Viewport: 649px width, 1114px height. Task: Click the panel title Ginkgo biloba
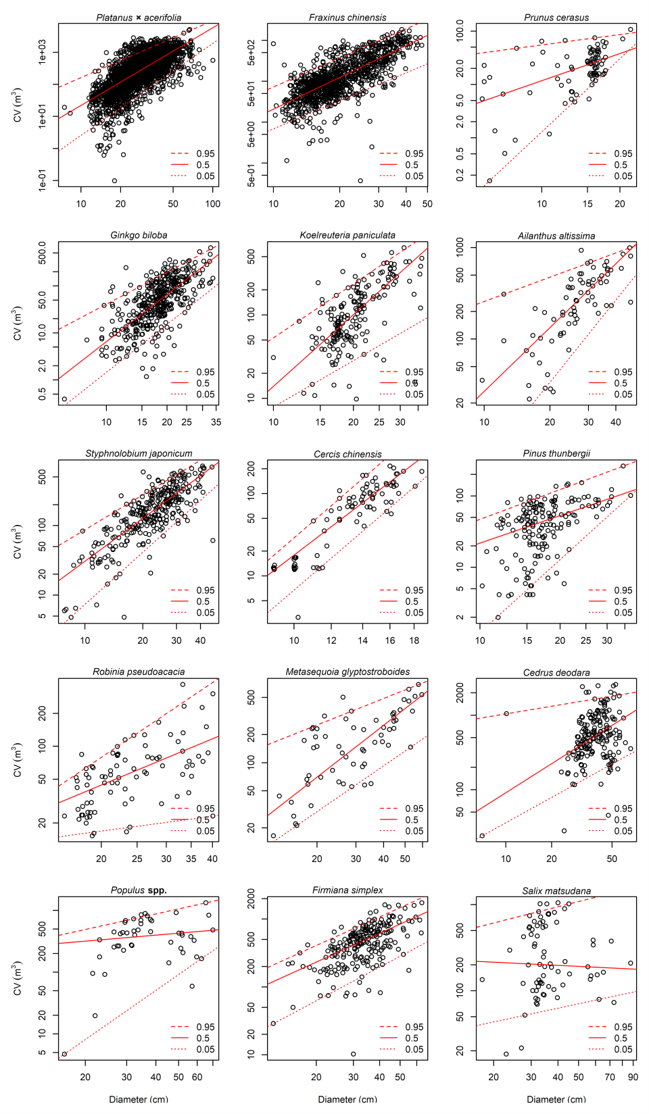139,235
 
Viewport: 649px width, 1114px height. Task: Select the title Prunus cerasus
556,18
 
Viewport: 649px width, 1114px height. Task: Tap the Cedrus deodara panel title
556,672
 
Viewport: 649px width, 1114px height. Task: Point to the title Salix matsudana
556,891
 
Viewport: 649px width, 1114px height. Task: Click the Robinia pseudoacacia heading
139,672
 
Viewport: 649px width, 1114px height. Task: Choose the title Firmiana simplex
347,890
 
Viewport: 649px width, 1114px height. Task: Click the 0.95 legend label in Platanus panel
206,154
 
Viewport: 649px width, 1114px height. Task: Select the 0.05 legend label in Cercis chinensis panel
414,613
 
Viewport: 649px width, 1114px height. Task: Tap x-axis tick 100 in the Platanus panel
213,204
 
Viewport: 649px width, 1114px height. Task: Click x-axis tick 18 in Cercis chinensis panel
414,640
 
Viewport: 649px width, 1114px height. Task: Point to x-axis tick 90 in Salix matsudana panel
633,1078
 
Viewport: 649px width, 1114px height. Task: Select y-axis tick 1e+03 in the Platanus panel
42,52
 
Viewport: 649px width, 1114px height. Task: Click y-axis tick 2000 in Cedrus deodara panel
460,694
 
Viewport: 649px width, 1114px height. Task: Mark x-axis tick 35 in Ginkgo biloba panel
216,422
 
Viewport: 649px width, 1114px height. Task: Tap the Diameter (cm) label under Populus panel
139,1099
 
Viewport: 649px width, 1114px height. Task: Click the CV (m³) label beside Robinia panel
18,760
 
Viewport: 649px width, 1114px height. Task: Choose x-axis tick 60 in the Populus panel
197,1078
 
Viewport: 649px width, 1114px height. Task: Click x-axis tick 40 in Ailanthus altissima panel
616,422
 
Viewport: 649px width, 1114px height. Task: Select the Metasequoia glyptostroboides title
347,672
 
